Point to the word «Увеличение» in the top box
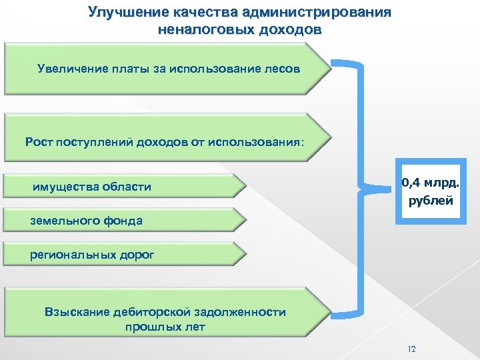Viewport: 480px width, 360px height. pos(71,69)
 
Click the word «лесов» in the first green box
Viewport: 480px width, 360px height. pos(283,69)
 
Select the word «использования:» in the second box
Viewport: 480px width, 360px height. pos(259,141)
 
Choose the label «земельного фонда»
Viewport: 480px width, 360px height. pos(86,221)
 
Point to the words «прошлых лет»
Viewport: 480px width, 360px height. pos(165,327)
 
